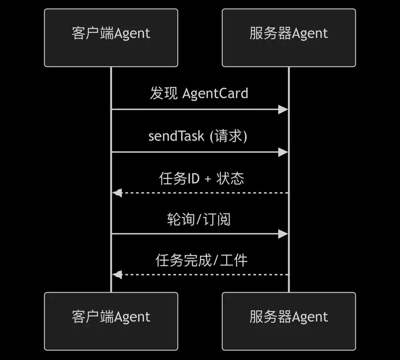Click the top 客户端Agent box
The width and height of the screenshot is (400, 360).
(111, 38)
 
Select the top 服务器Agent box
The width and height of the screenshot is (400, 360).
(289, 38)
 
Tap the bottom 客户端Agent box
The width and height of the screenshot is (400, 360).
(111, 321)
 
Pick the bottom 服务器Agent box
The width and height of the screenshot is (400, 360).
(289, 321)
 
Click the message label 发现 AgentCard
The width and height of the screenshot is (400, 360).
(199, 93)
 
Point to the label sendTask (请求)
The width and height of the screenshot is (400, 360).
(198, 136)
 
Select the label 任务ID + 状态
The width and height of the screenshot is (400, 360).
(202, 178)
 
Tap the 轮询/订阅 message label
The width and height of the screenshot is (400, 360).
(199, 219)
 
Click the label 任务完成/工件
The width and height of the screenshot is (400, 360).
(201, 260)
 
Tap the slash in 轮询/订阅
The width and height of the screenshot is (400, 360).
(199, 219)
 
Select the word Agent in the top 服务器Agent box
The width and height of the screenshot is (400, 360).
(310, 33)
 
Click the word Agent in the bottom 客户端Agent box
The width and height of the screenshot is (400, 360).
(132, 317)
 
